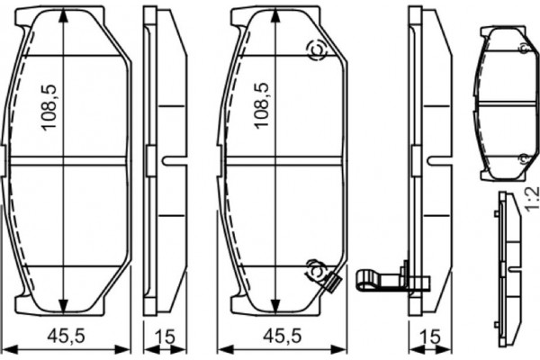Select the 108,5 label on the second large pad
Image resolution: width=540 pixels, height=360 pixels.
point(262,105)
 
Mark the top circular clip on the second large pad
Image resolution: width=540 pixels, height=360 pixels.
point(316,51)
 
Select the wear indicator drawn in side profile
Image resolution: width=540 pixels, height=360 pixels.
point(378,277)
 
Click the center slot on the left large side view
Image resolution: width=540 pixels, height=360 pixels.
point(168,163)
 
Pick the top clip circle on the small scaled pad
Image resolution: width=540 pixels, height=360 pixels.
point(521,47)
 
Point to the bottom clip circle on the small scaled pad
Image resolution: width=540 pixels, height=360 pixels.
point(521,158)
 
